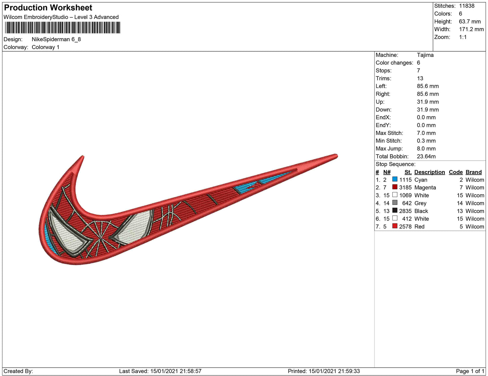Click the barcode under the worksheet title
pos(63,28)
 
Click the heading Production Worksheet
pos(48,8)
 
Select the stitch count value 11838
pos(467,6)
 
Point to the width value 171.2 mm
pos(471,29)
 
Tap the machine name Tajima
pos(425,55)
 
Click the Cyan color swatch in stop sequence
pos(394,179)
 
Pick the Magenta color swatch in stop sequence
pos(394,187)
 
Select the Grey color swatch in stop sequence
pos(394,203)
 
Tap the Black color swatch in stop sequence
pos(394,210)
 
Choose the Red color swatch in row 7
pos(394,226)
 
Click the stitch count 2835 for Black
pos(405,211)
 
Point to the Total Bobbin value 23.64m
pos(426,157)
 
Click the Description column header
pos(429,172)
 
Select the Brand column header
pos(473,172)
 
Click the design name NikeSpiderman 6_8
pos(56,39)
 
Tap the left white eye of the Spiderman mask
pos(70,234)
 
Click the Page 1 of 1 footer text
pos(470,371)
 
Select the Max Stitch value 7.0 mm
pos(426,133)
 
